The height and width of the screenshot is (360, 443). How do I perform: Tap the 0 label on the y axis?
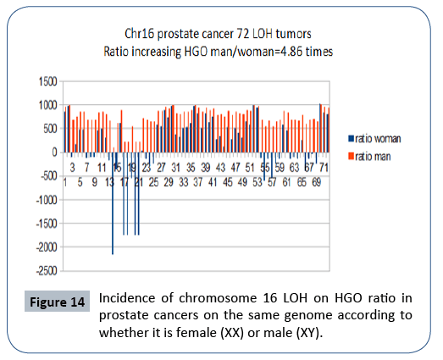click(53, 152)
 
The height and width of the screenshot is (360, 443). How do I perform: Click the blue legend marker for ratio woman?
click(349, 137)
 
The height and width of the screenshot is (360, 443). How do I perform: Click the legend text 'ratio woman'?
click(378, 137)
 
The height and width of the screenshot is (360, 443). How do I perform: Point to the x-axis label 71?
click(325, 168)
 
